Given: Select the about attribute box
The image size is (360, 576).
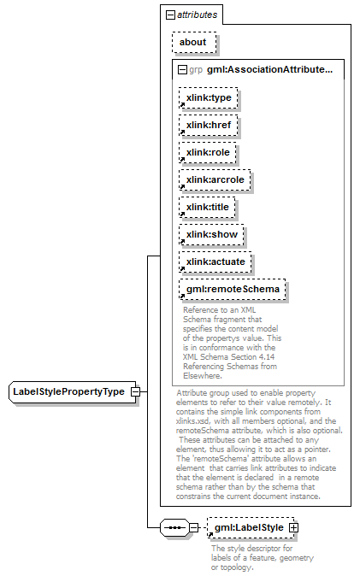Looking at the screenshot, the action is (x=194, y=42).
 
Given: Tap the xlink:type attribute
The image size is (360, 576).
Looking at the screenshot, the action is (x=208, y=97).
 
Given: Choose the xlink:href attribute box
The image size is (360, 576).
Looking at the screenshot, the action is (x=208, y=126).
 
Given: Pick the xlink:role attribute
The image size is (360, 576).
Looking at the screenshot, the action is (x=208, y=152).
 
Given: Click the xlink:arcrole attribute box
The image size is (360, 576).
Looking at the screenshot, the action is (x=215, y=180).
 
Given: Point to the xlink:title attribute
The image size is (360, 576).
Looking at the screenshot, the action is (x=207, y=207).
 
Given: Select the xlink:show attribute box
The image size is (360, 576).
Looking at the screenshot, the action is (x=211, y=235).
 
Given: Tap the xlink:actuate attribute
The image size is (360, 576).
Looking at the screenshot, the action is (x=215, y=262).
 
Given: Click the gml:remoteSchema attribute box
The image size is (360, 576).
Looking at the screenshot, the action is (x=233, y=290).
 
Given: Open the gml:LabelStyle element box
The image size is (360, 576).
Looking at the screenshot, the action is (x=251, y=528).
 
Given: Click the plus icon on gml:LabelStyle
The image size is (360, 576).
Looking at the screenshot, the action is (x=294, y=528).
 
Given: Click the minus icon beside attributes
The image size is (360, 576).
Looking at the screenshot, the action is (x=170, y=15).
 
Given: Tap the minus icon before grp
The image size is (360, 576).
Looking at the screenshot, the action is (x=182, y=70).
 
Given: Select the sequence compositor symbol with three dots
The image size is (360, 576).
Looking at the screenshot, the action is (x=174, y=528).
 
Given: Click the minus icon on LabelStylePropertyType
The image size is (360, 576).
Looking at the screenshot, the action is (x=136, y=391).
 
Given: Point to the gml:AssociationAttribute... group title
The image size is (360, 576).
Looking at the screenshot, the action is (x=270, y=69).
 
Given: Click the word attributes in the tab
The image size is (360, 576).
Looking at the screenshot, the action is (x=197, y=15).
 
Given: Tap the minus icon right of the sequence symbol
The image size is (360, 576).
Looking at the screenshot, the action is (x=194, y=528).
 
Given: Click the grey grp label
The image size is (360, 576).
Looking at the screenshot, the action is (x=196, y=70).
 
